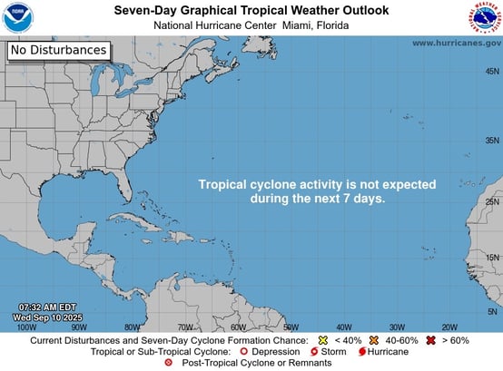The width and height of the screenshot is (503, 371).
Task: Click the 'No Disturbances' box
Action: click(x=59, y=51)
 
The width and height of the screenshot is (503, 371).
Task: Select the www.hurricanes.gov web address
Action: click(x=456, y=43)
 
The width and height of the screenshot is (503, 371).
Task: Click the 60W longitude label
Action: click(x=238, y=327)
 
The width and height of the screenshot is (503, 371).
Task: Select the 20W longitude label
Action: click(x=449, y=327)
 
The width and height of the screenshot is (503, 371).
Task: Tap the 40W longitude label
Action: click(x=344, y=327)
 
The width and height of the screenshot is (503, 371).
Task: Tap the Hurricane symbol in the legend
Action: click(x=361, y=351)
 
